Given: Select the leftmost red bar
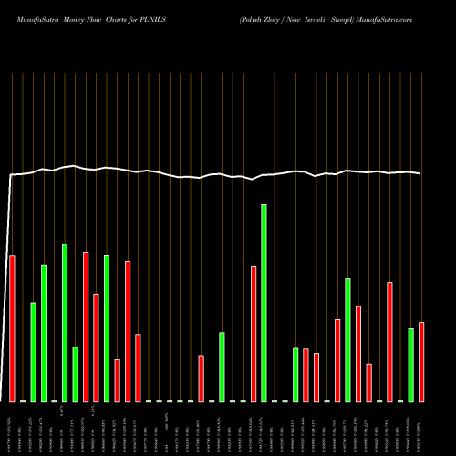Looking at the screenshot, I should tap(12, 328).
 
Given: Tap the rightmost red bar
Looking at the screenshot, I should tap(421, 361).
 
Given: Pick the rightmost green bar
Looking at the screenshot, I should tap(410, 365).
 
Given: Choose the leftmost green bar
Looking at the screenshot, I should tap(33, 351).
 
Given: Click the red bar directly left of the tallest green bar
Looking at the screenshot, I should tap(254, 333).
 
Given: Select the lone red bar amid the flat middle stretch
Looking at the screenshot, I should tap(201, 378).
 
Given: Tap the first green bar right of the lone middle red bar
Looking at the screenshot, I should tap(222, 367).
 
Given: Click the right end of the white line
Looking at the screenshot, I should tap(420, 173).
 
